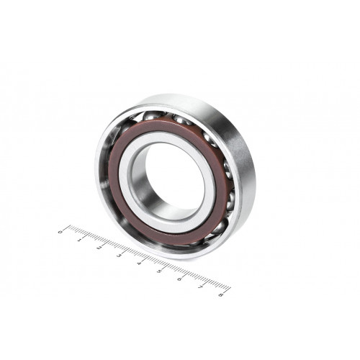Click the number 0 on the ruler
pyautogui.click(x=60, y=232)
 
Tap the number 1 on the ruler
pyautogui.click(x=80, y=240)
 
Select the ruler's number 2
pyautogui.click(x=99, y=248)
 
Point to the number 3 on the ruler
pyautogui.click(x=120, y=256)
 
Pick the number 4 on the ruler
pyautogui.click(x=139, y=264)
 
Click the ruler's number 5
pyautogui.click(x=159, y=271)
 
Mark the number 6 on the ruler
pyautogui.click(x=179, y=279)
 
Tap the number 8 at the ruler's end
pyautogui.click(x=221, y=294)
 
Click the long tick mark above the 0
pyautogui.click(x=68, y=227)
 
